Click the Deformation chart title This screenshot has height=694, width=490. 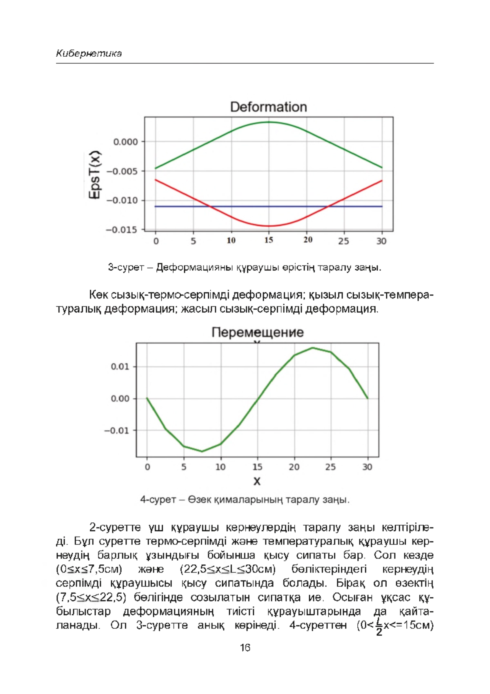[268, 107]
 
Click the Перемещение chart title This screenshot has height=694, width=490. [257, 332]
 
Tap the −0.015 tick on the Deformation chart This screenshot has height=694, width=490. [122, 230]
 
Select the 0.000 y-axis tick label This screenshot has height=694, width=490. [125, 142]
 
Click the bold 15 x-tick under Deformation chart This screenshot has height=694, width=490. [268, 240]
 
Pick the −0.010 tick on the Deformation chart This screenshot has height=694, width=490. [122, 201]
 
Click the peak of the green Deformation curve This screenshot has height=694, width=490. [268, 122]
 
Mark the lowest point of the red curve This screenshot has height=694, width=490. [268, 226]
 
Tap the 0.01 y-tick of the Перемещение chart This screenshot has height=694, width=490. [120, 367]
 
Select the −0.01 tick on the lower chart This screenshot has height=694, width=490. [116, 431]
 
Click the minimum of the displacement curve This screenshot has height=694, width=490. [202, 451]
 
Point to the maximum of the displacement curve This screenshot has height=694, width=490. [312, 348]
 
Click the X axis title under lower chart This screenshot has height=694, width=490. [257, 482]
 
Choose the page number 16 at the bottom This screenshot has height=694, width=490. [245, 648]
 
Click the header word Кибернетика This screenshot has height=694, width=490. [89, 53]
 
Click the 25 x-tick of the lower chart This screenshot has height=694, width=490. [330, 467]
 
